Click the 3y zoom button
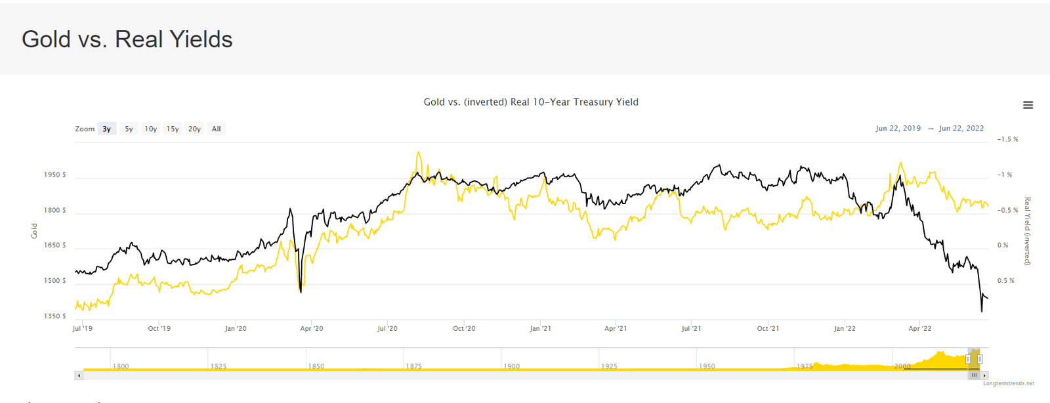106,129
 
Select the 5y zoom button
129,129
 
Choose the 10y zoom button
151,129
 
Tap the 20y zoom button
194,129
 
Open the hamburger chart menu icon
1028,105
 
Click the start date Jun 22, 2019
898,129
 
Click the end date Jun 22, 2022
961,129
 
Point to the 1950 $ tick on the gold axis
54,175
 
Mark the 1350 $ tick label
54,316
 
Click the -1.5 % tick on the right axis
1007,139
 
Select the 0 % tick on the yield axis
1002,245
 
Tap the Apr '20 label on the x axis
311,328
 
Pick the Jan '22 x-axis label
844,328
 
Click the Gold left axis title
34,230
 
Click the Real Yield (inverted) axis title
1027,231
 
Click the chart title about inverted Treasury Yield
530,102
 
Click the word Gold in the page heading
46,39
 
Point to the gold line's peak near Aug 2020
418,153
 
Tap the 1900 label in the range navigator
511,366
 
